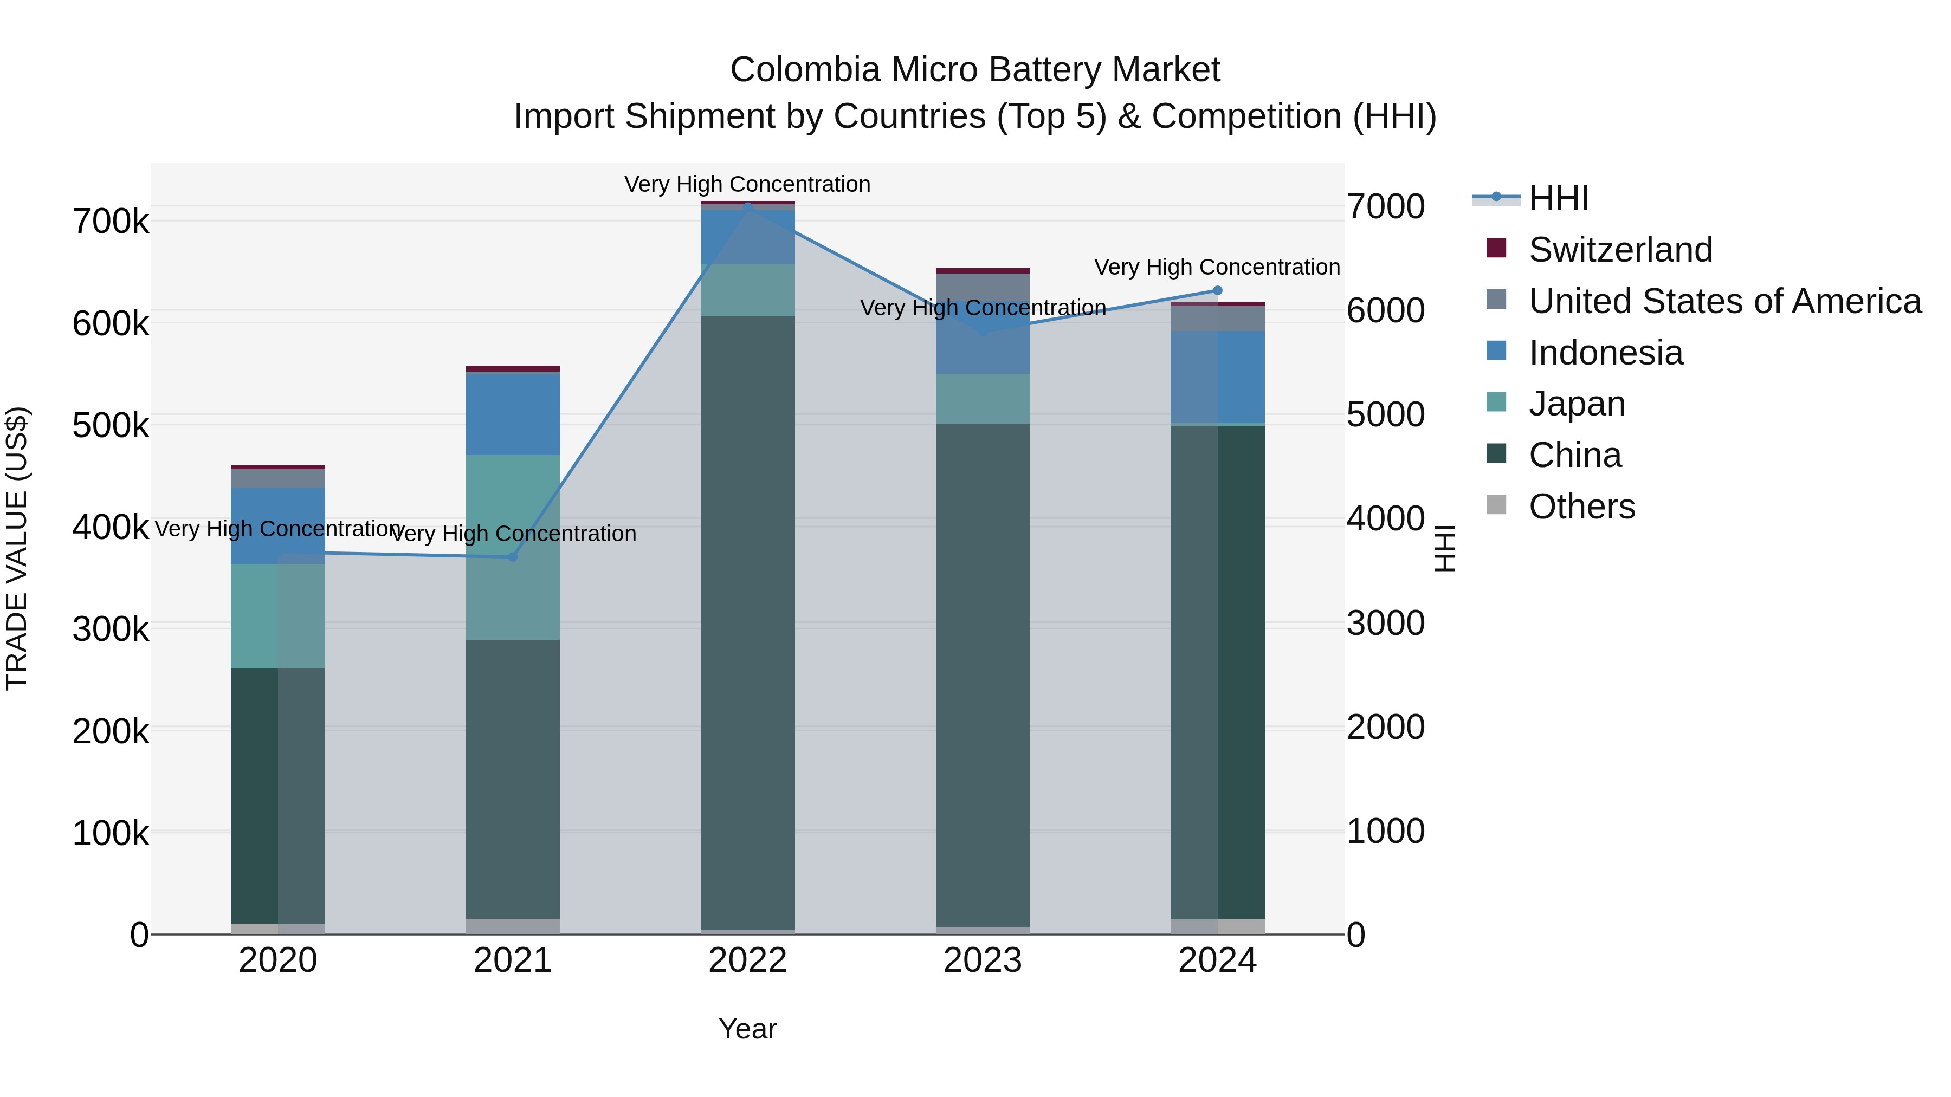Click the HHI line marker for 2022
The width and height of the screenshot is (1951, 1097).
pyautogui.click(x=747, y=206)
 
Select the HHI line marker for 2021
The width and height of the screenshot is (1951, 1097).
pyautogui.click(x=512, y=557)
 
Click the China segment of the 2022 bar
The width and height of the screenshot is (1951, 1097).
pyautogui.click(x=747, y=621)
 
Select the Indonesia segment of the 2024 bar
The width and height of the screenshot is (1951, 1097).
pyautogui.click(x=1217, y=377)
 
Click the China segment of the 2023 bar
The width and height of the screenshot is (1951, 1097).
pyautogui.click(x=983, y=674)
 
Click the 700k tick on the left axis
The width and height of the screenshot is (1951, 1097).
pyautogui.click(x=111, y=222)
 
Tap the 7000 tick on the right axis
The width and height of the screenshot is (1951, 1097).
pyautogui.click(x=1385, y=207)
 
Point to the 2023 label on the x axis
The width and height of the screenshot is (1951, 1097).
pyautogui.click(x=983, y=960)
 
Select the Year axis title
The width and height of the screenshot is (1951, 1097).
pyautogui.click(x=747, y=1029)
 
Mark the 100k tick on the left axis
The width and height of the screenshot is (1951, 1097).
pyautogui.click(x=111, y=834)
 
